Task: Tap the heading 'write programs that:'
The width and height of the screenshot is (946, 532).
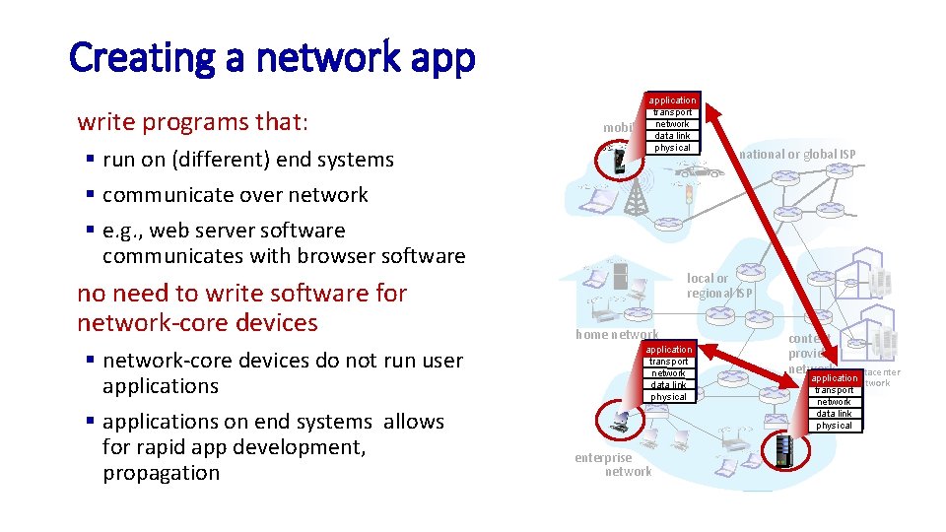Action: click(193, 122)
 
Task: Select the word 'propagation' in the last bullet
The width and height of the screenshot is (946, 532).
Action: click(161, 473)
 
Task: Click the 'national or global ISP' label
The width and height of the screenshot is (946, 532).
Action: click(797, 154)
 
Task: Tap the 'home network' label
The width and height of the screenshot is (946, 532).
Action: click(617, 335)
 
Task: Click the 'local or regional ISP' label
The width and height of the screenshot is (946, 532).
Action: click(719, 286)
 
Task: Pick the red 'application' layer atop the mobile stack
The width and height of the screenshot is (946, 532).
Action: click(672, 100)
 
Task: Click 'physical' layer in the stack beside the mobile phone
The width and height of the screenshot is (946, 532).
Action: click(672, 148)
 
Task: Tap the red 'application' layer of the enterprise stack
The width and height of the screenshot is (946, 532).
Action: click(669, 350)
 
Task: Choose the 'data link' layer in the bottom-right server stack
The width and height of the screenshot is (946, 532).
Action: click(834, 414)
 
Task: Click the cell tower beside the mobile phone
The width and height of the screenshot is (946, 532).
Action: click(637, 197)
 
